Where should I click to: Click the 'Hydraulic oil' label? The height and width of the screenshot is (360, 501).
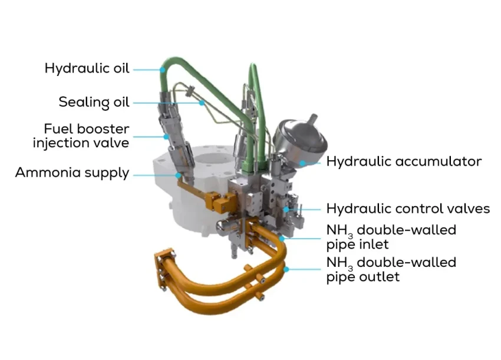pyautogui.click(x=87, y=68)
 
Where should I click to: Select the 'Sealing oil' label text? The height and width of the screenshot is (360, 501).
pyautogui.click(x=94, y=102)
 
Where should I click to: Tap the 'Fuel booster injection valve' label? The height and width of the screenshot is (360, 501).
pyautogui.click(x=81, y=136)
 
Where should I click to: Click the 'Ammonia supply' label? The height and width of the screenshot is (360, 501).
pyautogui.click(x=72, y=173)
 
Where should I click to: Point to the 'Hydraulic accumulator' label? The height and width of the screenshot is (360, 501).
pyautogui.click(x=404, y=161)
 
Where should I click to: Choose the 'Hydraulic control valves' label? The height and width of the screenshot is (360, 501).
pyautogui.click(x=408, y=209)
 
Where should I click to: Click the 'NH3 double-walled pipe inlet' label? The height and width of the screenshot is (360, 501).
pyautogui.click(x=391, y=237)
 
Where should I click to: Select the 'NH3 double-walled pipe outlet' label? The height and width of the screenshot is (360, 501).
pyautogui.click(x=391, y=270)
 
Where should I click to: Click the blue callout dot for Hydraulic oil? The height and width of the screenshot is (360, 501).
pyautogui.click(x=163, y=70)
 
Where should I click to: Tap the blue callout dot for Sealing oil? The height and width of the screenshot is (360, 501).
pyautogui.click(x=202, y=103)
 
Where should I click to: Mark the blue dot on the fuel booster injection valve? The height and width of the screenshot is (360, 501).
pyautogui.click(x=166, y=137)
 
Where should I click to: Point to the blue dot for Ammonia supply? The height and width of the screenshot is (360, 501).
pyautogui.click(x=178, y=175)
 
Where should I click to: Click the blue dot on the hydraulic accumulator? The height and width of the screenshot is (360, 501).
pyautogui.click(x=302, y=163)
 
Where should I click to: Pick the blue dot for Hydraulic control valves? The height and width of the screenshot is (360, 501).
pyautogui.click(x=286, y=210)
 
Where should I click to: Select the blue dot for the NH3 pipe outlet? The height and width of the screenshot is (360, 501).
pyautogui.click(x=286, y=269)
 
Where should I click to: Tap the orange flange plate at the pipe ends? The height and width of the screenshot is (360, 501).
pyautogui.click(x=165, y=270)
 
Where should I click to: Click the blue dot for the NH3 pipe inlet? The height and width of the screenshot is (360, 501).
pyautogui.click(x=282, y=238)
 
